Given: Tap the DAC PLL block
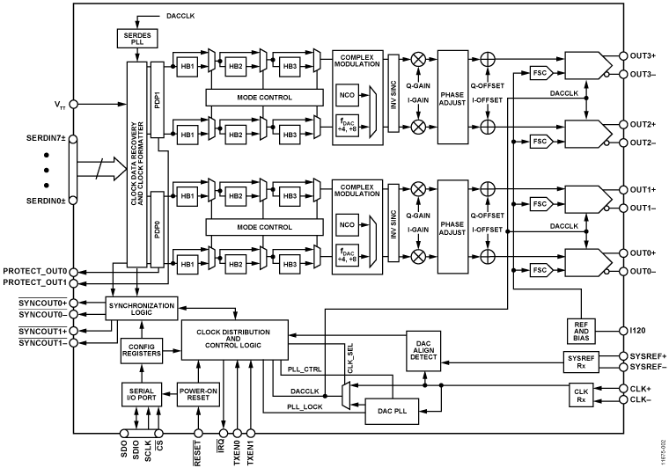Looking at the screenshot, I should pos(393,410).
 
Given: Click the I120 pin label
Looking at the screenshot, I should pos(640,330).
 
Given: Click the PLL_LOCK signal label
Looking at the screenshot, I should pos(304,407).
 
